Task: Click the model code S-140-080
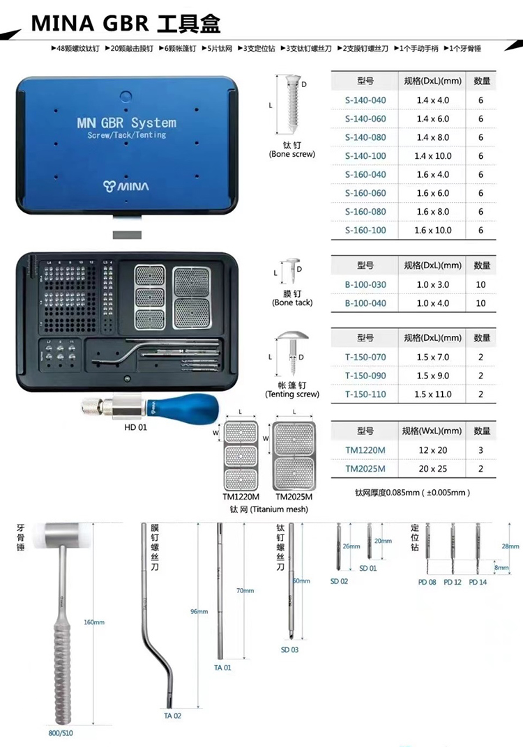tap(365, 137)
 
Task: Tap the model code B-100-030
tap(365, 284)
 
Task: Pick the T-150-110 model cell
tap(365, 394)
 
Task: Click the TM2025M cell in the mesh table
tap(365, 469)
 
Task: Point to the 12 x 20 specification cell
tap(432, 450)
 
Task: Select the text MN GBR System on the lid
tap(126, 123)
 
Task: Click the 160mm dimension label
tap(93, 622)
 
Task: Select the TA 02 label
tap(172, 716)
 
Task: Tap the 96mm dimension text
tap(199, 612)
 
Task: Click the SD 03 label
tap(289, 649)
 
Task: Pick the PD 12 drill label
tap(453, 582)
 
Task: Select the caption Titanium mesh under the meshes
tap(268, 509)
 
